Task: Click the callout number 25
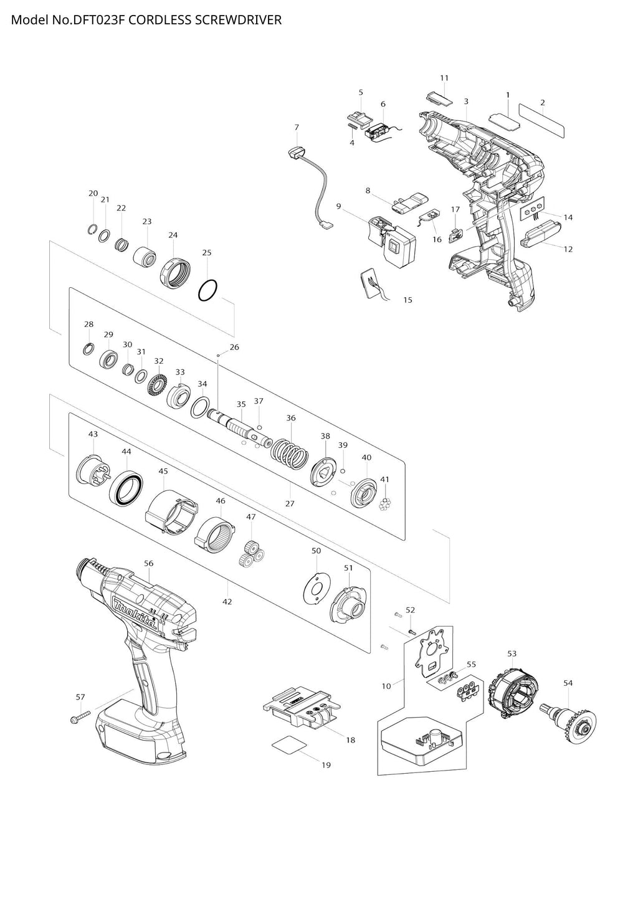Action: click(x=207, y=252)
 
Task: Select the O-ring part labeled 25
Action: click(x=208, y=291)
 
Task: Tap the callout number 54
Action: click(x=568, y=683)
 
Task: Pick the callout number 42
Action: click(x=227, y=602)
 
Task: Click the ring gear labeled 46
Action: click(x=214, y=534)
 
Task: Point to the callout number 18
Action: click(x=351, y=740)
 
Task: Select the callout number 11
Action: click(x=444, y=78)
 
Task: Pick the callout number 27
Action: click(x=289, y=503)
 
